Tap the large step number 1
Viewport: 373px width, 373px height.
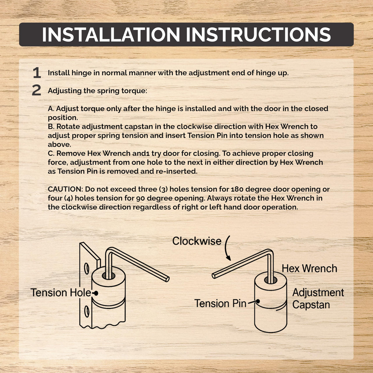pos(37,73)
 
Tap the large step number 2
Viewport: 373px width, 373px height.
pos(36,90)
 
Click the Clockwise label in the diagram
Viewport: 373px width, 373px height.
pos(197,241)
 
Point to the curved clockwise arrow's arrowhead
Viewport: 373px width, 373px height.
pos(229,258)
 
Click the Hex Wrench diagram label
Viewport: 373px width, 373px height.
pos(309,269)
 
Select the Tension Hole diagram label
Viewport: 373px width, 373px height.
pos(61,292)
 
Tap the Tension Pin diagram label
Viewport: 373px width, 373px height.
pos(220,303)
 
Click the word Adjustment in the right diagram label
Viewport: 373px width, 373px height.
pos(318,292)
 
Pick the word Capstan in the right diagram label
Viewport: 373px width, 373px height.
pos(311,305)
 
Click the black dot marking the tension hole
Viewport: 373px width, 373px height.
pos(96,293)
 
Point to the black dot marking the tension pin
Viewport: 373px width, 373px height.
pos(258,301)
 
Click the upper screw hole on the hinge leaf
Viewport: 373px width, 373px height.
pos(87,269)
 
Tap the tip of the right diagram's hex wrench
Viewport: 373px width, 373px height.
pos(214,276)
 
